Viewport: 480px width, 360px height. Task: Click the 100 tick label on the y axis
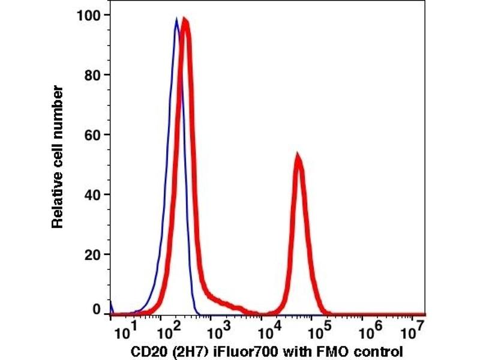(x=88, y=14)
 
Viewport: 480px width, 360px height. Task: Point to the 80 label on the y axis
(x=92, y=75)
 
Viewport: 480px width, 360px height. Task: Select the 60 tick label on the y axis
(x=92, y=134)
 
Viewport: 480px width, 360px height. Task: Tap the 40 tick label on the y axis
(x=92, y=194)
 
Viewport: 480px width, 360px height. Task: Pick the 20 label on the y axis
(x=92, y=254)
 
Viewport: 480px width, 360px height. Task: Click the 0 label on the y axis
(x=97, y=310)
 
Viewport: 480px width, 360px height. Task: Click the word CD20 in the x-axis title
(x=146, y=351)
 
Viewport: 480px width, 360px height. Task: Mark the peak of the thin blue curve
(x=176, y=19)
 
